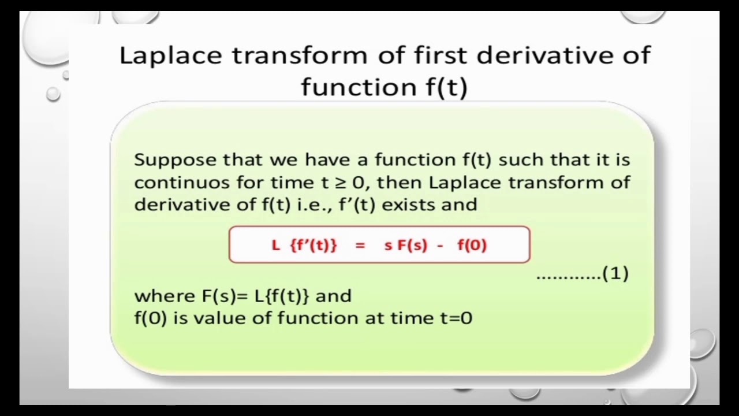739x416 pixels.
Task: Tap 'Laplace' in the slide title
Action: point(170,56)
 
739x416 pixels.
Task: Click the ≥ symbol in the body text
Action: point(341,183)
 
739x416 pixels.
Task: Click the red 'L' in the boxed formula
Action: point(276,245)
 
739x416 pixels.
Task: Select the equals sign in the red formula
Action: point(360,245)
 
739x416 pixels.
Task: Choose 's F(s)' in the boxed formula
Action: point(405,245)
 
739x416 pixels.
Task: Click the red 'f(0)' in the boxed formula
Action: point(472,245)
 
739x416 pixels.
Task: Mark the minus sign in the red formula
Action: point(441,245)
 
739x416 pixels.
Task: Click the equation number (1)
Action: point(615,273)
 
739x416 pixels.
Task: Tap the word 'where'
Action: point(165,296)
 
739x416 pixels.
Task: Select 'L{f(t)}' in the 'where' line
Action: point(282,296)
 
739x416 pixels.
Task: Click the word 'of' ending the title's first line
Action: point(637,55)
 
